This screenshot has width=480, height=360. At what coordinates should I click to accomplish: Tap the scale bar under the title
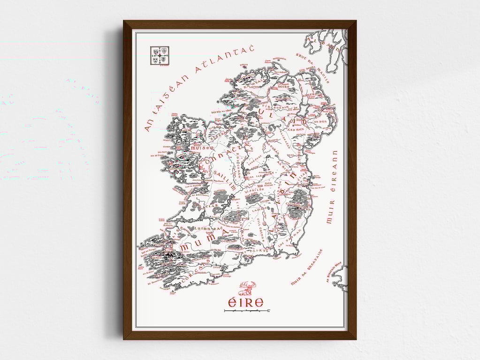[247, 311]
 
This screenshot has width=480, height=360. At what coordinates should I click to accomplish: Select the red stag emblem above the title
[247, 287]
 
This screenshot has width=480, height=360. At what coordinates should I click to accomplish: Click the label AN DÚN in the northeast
[320, 121]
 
